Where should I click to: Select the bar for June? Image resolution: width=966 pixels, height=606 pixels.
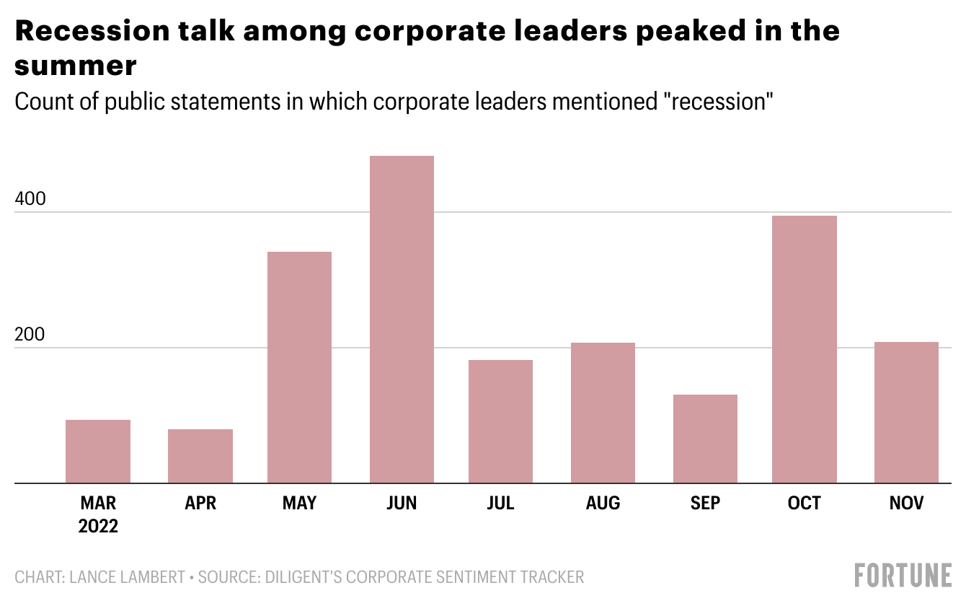point(402,320)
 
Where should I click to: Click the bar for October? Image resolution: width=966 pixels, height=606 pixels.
point(804,349)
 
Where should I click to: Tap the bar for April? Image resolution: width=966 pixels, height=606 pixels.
point(200,456)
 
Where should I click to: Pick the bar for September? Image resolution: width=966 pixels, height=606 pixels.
point(705,439)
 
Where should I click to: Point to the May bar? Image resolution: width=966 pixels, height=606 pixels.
point(299,367)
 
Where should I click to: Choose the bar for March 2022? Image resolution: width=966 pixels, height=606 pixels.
point(98,451)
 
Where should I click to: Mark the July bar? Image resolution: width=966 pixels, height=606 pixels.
point(500,421)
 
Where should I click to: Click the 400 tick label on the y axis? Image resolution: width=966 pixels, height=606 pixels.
point(30,199)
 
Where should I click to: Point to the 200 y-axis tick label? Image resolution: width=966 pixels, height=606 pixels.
point(30,335)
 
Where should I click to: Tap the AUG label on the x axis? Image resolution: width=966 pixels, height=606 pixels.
point(603,503)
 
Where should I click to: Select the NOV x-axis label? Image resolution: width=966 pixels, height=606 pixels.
point(906,503)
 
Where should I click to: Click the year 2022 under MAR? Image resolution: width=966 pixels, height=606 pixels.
point(98,526)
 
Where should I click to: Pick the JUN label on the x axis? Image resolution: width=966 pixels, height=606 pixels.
point(402,503)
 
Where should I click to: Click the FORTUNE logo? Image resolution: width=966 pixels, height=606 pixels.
point(903,576)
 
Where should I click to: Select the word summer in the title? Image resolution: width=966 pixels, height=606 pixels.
point(76,66)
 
